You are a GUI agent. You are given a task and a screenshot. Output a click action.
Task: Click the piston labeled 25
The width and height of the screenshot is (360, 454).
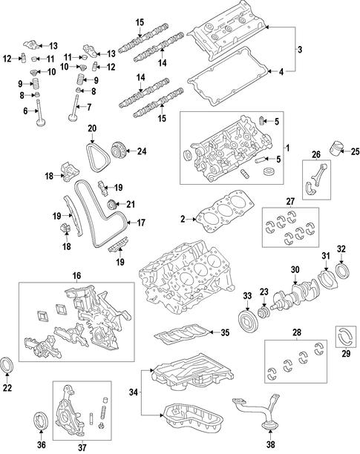tap(335, 148)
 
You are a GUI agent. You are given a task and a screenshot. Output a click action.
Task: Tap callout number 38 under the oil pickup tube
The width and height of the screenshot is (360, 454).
tap(270, 444)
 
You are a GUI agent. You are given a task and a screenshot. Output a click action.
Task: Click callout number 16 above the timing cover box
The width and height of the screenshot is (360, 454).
tap(76, 276)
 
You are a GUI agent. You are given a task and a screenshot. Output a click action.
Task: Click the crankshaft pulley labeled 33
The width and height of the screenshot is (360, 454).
tap(246, 320)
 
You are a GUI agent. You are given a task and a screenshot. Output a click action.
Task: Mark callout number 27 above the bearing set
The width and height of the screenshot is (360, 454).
tap(290, 202)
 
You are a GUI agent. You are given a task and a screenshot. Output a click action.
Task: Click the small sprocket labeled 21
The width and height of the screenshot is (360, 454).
tap(112, 205)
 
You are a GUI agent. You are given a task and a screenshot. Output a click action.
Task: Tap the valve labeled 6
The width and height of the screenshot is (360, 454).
tap(40, 113)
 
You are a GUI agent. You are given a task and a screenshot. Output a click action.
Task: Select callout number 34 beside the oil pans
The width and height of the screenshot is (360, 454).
tap(134, 392)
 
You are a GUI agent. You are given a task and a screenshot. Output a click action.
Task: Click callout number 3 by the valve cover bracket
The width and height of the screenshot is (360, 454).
tap(300, 49)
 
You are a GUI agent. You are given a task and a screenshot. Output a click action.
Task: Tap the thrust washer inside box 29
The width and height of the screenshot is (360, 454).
tap(346, 337)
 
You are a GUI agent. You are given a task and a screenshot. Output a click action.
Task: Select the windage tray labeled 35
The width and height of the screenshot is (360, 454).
tap(182, 333)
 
